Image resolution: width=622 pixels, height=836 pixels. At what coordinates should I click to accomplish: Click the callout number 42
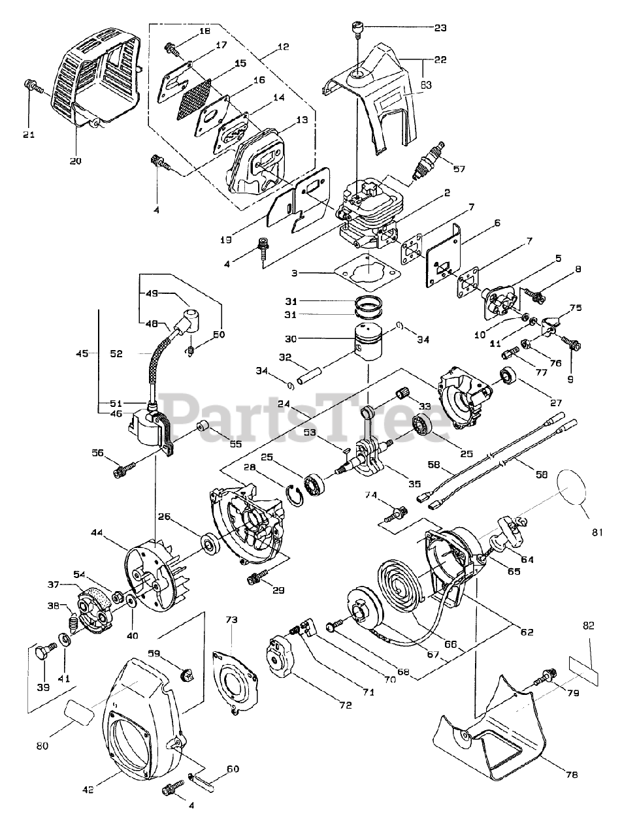89,789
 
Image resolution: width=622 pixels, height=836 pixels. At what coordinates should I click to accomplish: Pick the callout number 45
82,354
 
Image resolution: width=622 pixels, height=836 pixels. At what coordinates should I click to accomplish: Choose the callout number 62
527,632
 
